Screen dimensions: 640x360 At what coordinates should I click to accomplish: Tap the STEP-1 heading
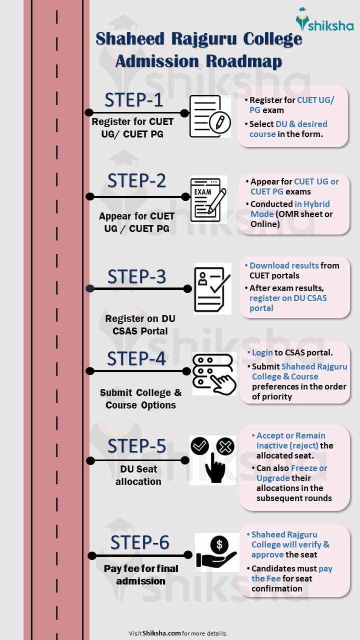point(133,100)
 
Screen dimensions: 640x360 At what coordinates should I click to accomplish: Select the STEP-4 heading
point(136,358)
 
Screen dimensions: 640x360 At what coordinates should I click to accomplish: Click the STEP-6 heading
point(139,542)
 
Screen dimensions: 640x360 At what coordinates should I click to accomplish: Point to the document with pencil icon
point(209,116)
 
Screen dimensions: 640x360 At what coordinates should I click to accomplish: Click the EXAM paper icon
point(208,198)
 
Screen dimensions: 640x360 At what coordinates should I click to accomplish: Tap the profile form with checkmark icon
point(212,288)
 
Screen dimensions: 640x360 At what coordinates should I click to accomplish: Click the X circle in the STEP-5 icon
point(225,446)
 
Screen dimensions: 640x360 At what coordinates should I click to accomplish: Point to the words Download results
point(284,265)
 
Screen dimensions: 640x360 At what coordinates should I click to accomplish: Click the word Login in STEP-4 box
point(262,352)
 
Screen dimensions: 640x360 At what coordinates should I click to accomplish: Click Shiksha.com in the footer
point(161,633)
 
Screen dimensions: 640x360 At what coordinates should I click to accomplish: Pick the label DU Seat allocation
point(138,475)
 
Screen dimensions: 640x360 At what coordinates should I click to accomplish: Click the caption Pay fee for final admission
point(141,574)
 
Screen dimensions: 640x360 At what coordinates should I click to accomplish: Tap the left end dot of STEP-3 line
point(90,288)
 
